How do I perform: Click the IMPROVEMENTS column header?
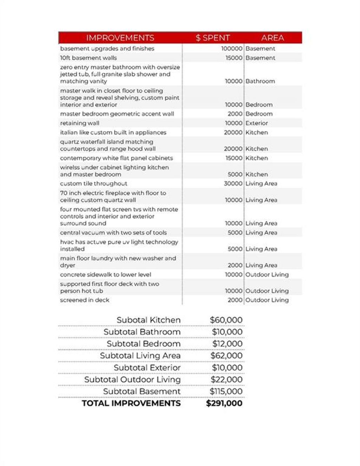coord(120,38)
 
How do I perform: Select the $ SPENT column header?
coord(212,38)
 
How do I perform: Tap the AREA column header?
coord(272,38)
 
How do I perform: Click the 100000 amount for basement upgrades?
coord(232,48)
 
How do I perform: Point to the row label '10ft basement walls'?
coord(88,58)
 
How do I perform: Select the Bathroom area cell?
coord(260,81)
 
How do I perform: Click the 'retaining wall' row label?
coord(79,123)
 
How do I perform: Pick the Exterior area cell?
coord(257,123)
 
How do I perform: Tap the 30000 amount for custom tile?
coord(233,183)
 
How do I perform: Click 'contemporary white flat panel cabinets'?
coord(116,158)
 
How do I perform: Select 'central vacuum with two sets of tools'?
coord(113,233)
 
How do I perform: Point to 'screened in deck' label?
coord(84,300)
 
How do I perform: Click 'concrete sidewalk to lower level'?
coord(105,274)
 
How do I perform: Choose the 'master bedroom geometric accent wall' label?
coord(117,114)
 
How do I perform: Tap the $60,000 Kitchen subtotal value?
coord(226,320)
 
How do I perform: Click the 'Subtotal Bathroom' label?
coord(142,332)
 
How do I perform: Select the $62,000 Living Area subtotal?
coord(226,356)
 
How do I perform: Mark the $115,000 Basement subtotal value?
coord(226,391)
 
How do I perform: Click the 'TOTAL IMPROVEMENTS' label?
coord(131,403)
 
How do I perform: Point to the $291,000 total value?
coord(224,403)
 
